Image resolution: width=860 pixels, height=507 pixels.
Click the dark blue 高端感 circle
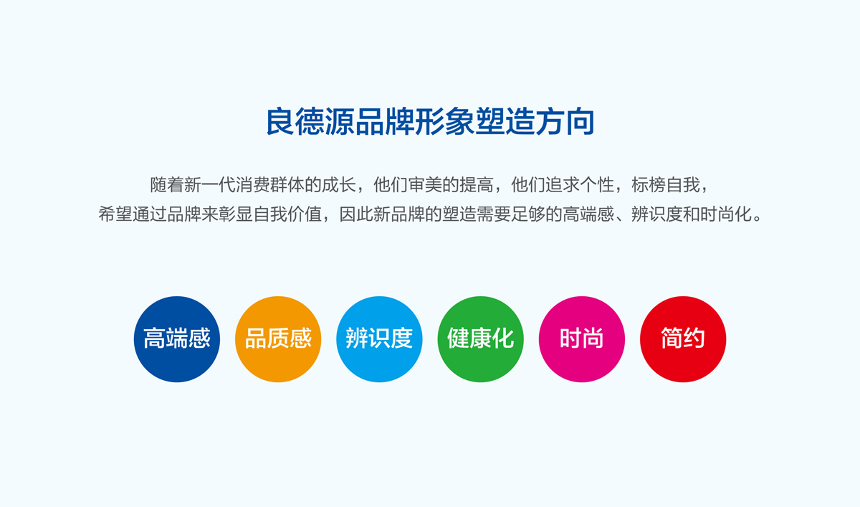[177, 338]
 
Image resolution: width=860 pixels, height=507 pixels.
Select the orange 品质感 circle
[278, 338]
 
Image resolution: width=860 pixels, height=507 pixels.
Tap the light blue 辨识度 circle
[379, 338]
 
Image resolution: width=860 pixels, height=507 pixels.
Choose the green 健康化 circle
[480, 338]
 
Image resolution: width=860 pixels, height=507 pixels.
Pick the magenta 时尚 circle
[581, 338]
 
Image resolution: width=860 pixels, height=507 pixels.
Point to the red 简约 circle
[682, 338]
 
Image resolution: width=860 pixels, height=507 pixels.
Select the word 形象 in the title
[445, 122]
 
